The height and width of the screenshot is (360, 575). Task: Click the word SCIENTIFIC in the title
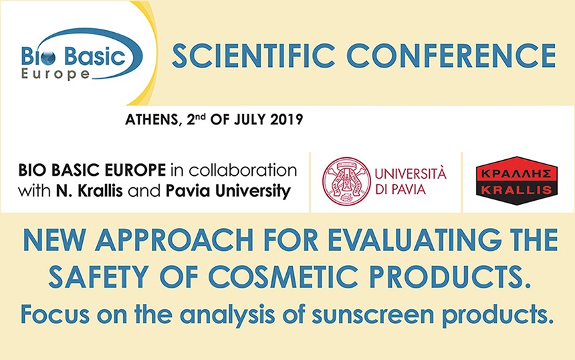click(x=253, y=56)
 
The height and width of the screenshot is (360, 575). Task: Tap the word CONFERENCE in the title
click(x=451, y=56)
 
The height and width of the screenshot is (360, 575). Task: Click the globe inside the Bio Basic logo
click(x=49, y=58)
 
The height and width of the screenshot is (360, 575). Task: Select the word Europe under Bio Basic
click(x=55, y=74)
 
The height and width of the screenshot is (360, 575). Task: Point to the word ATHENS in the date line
click(x=152, y=120)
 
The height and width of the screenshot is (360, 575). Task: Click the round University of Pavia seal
click(x=346, y=181)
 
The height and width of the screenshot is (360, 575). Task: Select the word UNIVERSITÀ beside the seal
click(x=411, y=173)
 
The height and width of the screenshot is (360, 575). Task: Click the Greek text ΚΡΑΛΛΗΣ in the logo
click(x=516, y=173)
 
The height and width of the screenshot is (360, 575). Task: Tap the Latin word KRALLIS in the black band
click(x=516, y=190)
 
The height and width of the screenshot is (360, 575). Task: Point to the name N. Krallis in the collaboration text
click(x=89, y=191)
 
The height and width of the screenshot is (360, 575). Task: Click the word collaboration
click(x=243, y=170)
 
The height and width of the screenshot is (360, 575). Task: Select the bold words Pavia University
click(x=228, y=191)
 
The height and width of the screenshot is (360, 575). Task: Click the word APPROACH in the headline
click(x=175, y=240)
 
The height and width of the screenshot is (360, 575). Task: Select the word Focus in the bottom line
click(x=55, y=314)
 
